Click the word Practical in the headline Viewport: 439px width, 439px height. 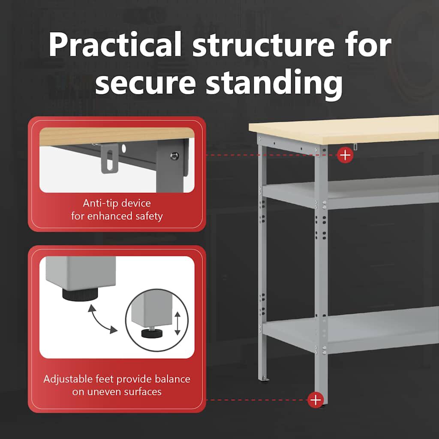pos(115,45)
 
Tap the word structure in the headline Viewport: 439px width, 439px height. pos(264,45)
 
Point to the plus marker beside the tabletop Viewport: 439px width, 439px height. pos(345,155)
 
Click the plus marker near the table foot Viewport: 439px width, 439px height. pos(316,400)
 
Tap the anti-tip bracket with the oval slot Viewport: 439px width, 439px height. pos(109,159)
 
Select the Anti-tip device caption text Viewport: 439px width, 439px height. pos(117,209)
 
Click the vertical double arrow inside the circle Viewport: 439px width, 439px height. pos(177,323)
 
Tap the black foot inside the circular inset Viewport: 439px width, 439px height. pos(152,333)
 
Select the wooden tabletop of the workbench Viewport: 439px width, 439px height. pos(344,129)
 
